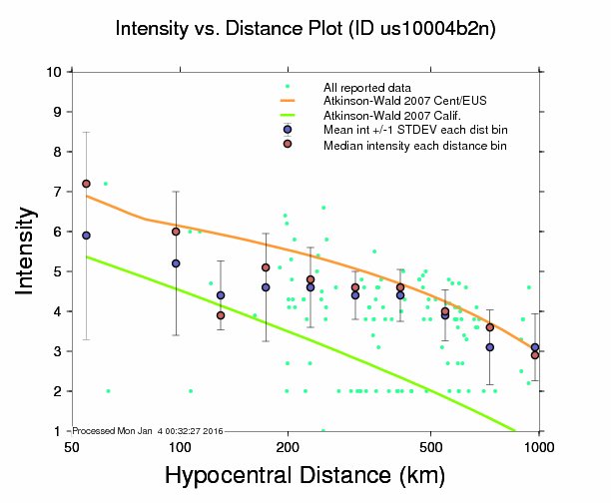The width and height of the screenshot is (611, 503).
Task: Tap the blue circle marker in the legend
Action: (288, 130)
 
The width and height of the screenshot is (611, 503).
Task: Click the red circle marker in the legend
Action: (288, 144)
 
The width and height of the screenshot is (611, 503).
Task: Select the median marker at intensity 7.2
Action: (87, 184)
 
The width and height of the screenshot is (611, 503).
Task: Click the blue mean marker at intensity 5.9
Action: (87, 236)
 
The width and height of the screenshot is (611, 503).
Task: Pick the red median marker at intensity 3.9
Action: (221, 315)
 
